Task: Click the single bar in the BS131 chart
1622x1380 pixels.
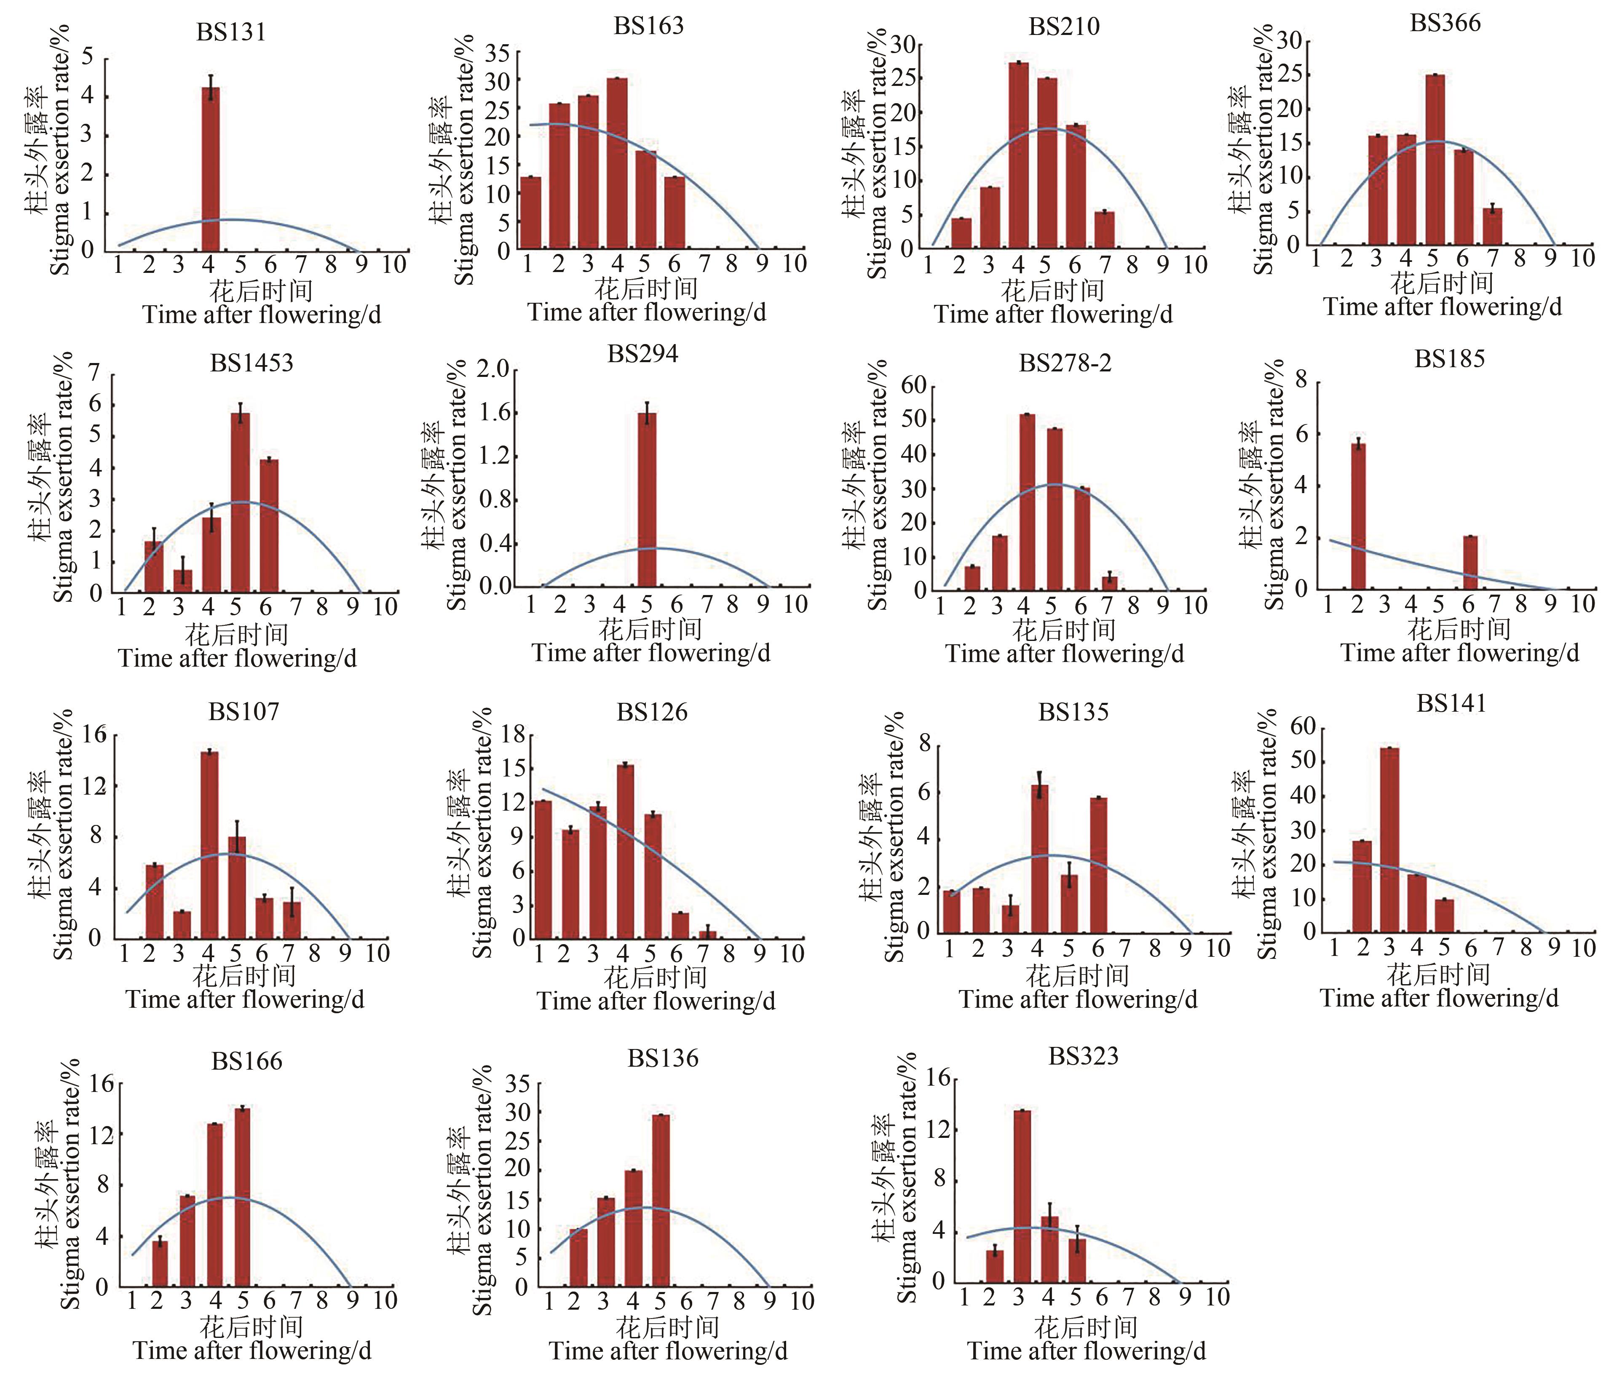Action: (211, 168)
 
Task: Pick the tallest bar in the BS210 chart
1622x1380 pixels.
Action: (1018, 155)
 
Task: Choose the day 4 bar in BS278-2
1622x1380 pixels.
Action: (1027, 502)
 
